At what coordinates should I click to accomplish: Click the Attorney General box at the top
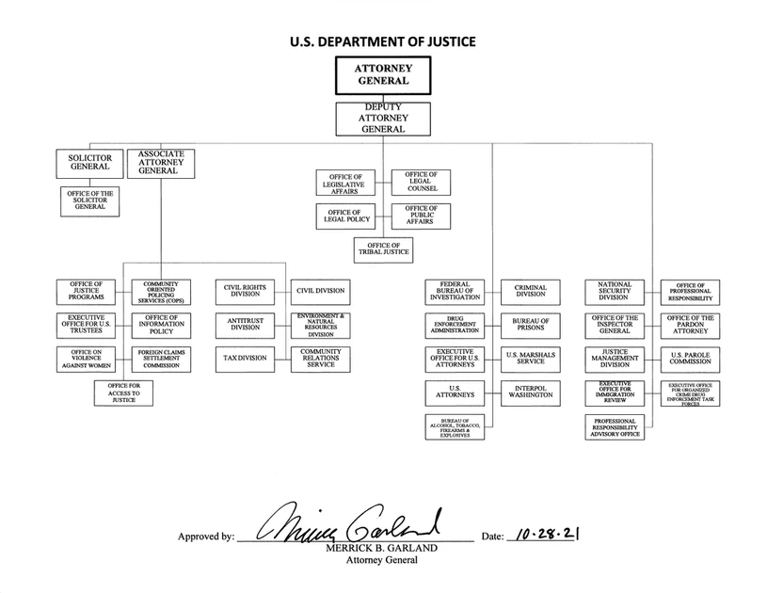click(383, 75)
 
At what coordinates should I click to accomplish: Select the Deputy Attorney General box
click(383, 119)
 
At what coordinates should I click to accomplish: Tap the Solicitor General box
click(90, 164)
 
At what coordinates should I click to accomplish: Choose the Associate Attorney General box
click(161, 164)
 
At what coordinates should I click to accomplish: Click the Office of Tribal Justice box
click(384, 250)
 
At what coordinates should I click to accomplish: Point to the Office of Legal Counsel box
click(422, 183)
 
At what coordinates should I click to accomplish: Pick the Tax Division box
click(245, 360)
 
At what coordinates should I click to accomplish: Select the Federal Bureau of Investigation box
click(455, 292)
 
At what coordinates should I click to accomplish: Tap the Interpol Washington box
click(531, 393)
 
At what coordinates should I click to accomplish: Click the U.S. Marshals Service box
click(531, 360)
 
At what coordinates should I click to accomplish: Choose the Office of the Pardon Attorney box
click(690, 326)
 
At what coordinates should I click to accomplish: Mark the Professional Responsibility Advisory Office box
click(615, 427)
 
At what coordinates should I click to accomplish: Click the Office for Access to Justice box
click(124, 393)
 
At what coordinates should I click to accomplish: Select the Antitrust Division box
click(245, 326)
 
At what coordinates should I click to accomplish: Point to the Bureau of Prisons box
click(531, 326)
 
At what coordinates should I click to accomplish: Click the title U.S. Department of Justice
click(382, 41)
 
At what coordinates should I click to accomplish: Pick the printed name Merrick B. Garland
click(381, 548)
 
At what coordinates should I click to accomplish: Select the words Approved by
click(206, 537)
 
